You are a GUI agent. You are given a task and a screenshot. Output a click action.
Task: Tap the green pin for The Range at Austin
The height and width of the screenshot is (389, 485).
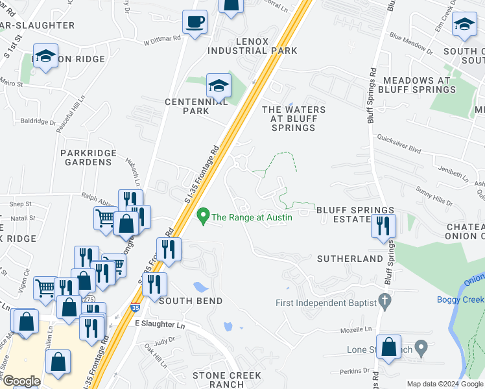point(204,216)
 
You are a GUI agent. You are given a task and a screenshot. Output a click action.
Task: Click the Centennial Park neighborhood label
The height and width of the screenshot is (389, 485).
point(196,106)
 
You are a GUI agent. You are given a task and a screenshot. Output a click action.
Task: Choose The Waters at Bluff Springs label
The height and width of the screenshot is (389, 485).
point(293,119)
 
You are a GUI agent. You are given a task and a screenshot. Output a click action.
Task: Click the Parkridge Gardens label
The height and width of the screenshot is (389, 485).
point(88,157)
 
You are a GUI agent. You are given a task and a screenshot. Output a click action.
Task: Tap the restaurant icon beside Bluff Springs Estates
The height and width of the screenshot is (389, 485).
point(383,226)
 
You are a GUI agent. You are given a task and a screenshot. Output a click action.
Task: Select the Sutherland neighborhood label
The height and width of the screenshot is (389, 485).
point(350,259)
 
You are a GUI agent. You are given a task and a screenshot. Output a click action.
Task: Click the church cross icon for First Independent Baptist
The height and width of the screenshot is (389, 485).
point(384,301)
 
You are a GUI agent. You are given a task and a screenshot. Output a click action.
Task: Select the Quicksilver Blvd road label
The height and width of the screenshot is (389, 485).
point(399,147)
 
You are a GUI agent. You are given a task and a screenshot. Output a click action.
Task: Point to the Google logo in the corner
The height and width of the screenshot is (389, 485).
point(21,381)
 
